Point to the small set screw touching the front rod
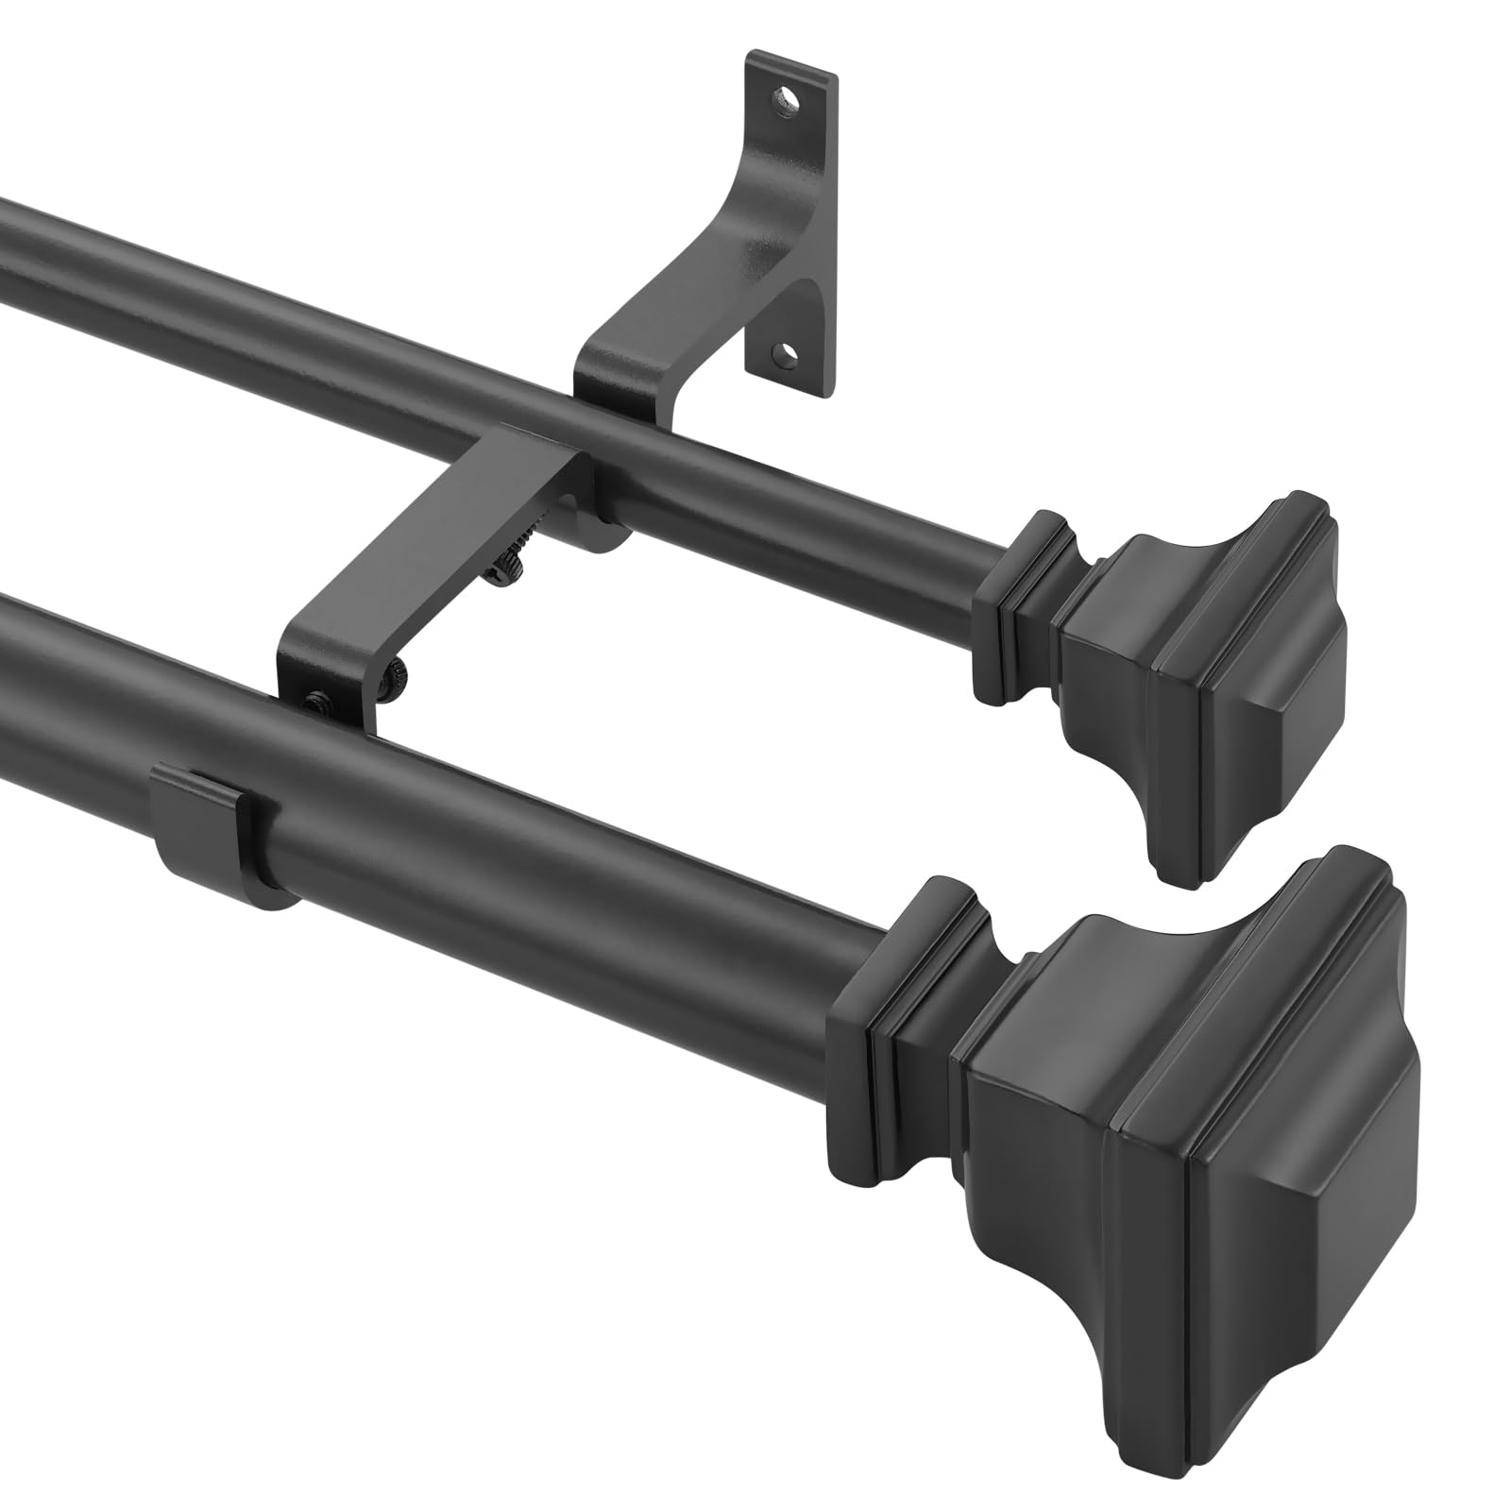314,701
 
